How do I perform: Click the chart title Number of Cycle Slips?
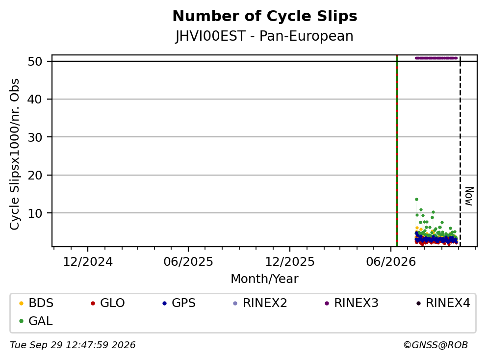click(265, 16)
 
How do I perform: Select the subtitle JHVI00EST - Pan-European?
click(264, 36)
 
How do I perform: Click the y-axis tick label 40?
click(35, 100)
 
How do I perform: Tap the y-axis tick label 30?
click(35, 137)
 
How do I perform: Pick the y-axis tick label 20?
click(35, 175)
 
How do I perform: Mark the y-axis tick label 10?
click(35, 213)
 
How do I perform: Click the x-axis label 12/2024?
click(88, 262)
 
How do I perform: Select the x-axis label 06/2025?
click(188, 262)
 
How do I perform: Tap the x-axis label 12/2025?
click(290, 262)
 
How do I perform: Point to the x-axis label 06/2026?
click(391, 262)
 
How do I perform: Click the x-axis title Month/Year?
click(264, 279)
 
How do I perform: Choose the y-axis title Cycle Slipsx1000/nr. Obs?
click(15, 154)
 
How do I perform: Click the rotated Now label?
click(469, 196)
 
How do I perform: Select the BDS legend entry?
click(36, 303)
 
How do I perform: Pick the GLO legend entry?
click(107, 303)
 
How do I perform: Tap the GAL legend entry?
click(35, 321)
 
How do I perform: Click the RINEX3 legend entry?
click(351, 303)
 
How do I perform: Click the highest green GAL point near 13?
click(416, 200)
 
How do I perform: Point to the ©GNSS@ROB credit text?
click(436, 345)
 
